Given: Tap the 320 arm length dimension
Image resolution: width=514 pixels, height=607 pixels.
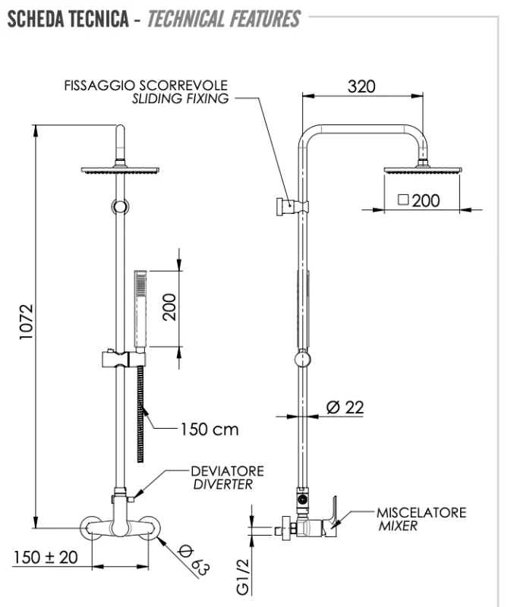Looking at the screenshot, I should tap(361, 86).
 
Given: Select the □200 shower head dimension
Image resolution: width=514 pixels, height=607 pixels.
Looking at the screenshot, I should tap(419, 201).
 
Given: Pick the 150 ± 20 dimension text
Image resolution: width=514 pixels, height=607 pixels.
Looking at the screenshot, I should tap(45, 557).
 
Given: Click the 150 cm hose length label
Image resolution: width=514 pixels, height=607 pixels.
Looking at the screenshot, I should tap(208, 429).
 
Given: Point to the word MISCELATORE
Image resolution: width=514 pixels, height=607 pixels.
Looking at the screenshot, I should tap(421, 513).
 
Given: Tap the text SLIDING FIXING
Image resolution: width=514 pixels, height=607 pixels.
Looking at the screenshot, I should tap(181, 99).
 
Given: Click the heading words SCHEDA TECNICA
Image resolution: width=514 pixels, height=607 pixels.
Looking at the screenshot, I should tap(68, 19).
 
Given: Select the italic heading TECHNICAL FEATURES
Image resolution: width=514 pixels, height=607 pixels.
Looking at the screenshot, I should tap(223, 19).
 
